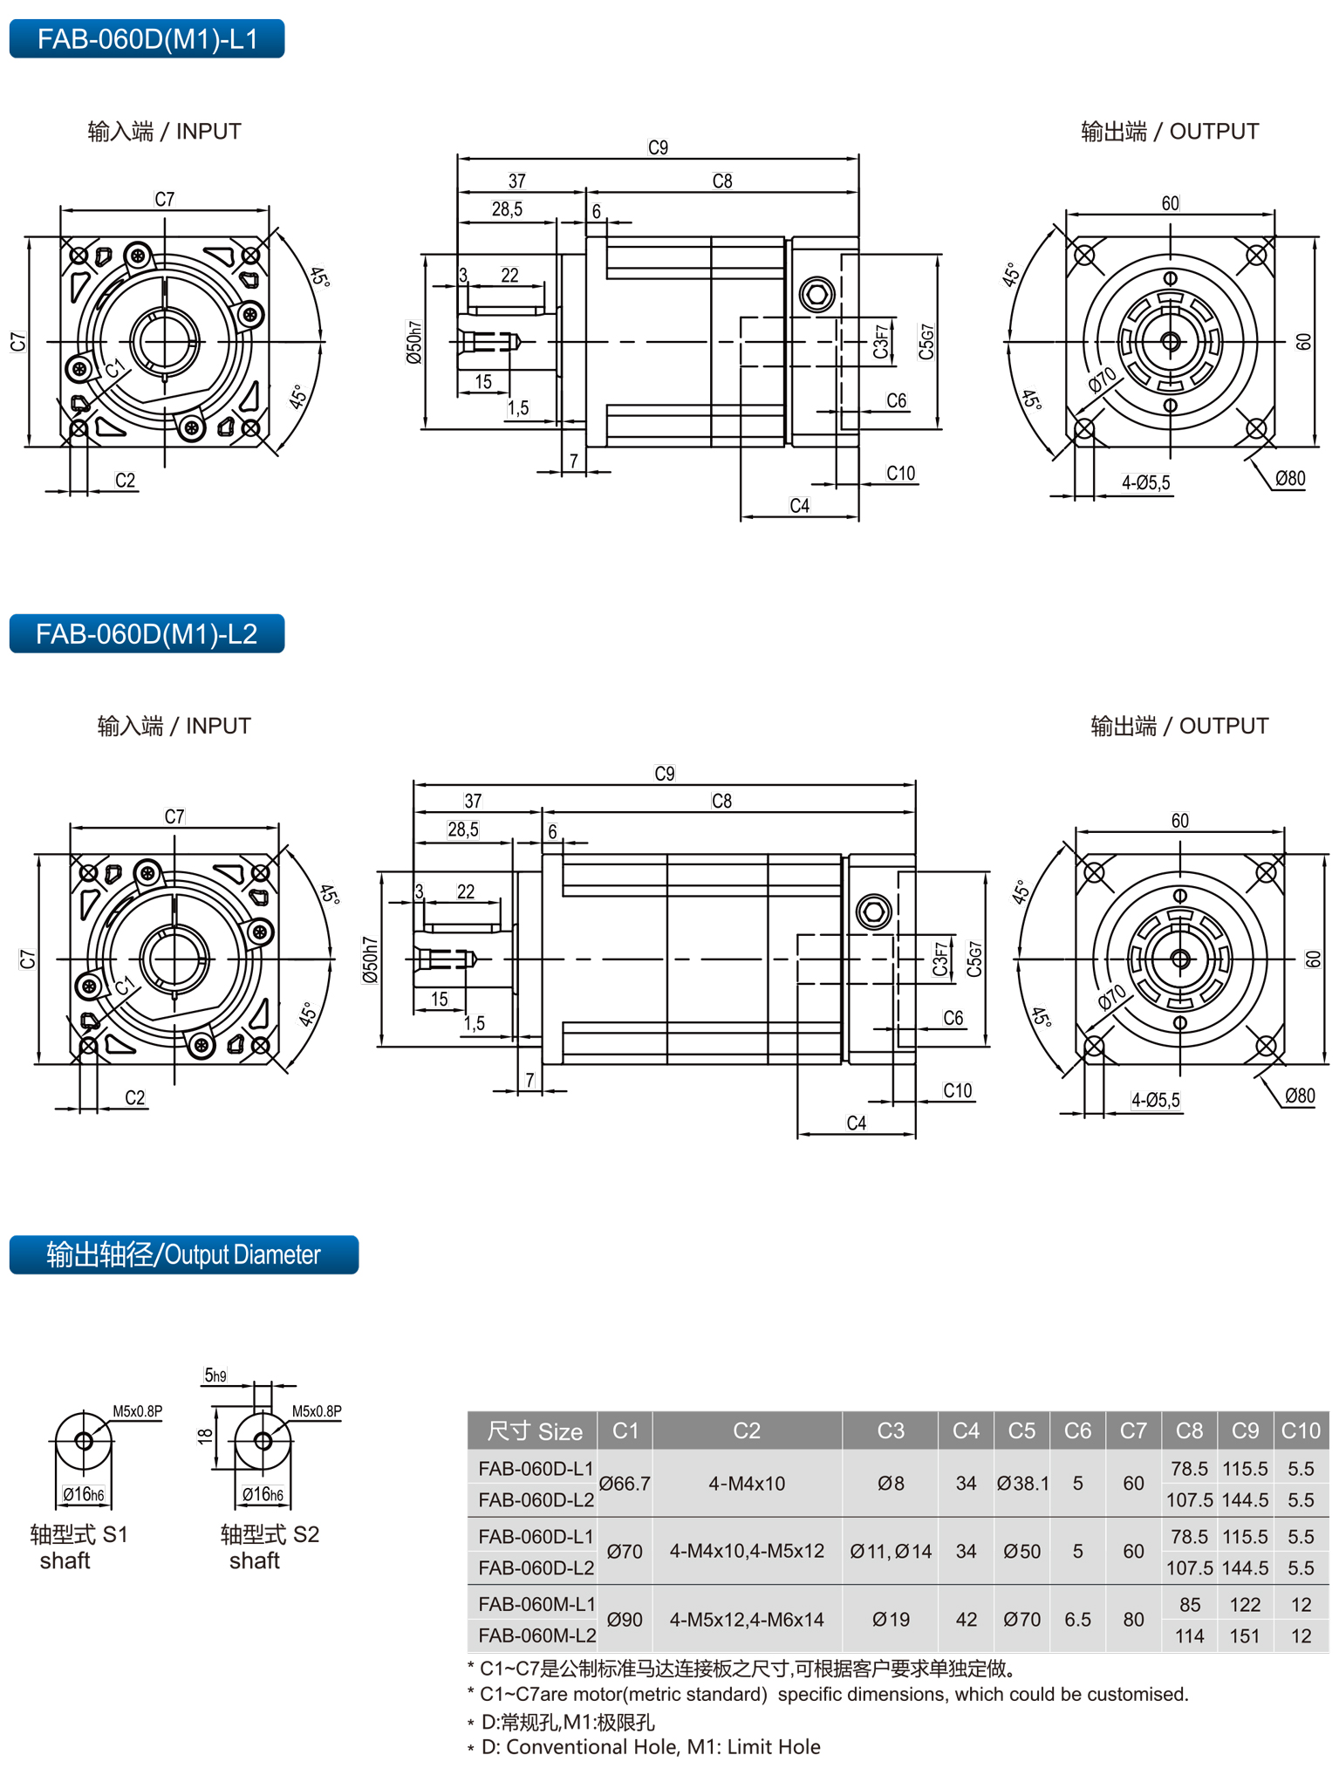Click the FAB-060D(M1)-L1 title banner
(x=147, y=39)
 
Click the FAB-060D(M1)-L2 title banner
(x=147, y=634)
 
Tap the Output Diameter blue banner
(x=183, y=1254)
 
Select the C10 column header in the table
(x=1300, y=1430)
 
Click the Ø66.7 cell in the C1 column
(x=625, y=1484)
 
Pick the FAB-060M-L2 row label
(x=536, y=1635)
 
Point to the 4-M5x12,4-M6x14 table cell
(x=747, y=1620)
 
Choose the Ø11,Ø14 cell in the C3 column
(x=891, y=1552)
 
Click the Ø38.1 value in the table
(x=1022, y=1484)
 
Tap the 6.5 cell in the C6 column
(x=1077, y=1620)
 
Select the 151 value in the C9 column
(x=1245, y=1636)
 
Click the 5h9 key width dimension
(x=215, y=1376)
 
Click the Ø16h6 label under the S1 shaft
(x=84, y=1494)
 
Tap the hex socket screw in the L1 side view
(x=817, y=294)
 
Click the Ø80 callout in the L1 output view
(x=1290, y=478)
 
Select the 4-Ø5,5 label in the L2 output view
(x=1156, y=1100)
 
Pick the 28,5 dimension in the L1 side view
(x=507, y=209)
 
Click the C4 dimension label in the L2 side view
(x=857, y=1123)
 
